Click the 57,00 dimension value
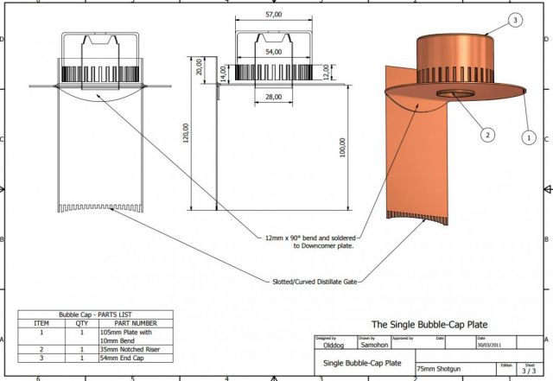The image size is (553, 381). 273,16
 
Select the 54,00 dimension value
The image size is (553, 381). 273,52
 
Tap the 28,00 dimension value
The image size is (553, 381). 273,97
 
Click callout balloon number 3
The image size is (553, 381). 514,19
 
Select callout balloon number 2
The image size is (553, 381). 487,134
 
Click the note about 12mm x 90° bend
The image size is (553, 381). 308,241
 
